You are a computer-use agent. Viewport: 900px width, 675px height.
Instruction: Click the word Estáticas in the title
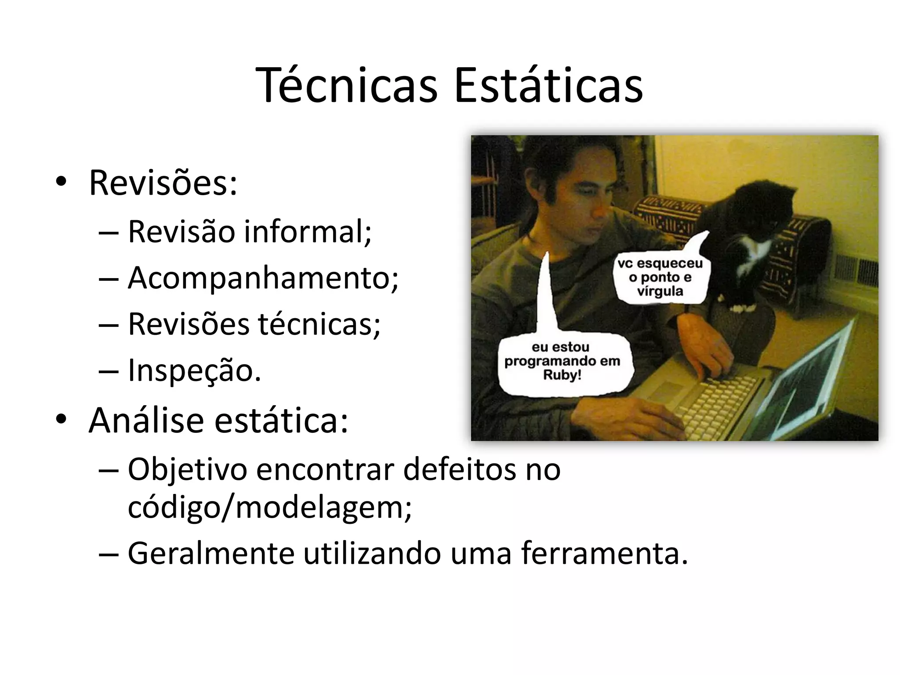click(x=548, y=86)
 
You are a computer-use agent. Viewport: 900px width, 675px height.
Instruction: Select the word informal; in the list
click(x=308, y=231)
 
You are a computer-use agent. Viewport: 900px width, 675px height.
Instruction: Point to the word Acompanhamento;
click(x=263, y=279)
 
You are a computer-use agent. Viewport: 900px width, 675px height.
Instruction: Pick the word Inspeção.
click(x=194, y=370)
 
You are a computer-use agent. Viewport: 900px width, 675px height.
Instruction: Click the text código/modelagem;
click(x=269, y=508)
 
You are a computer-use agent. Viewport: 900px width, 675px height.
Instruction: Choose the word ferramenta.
click(x=604, y=554)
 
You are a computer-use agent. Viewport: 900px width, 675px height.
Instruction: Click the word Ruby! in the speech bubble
click(x=562, y=376)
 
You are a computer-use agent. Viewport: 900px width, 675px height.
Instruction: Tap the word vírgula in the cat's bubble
click(x=660, y=291)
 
